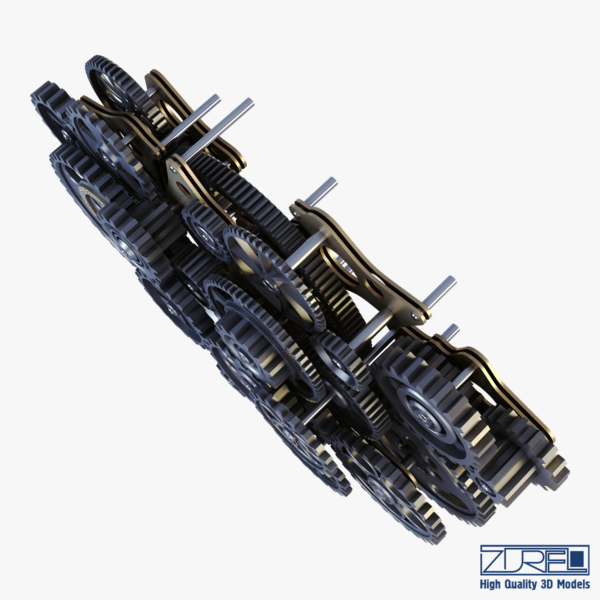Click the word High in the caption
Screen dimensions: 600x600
pyautogui.click(x=490, y=584)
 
